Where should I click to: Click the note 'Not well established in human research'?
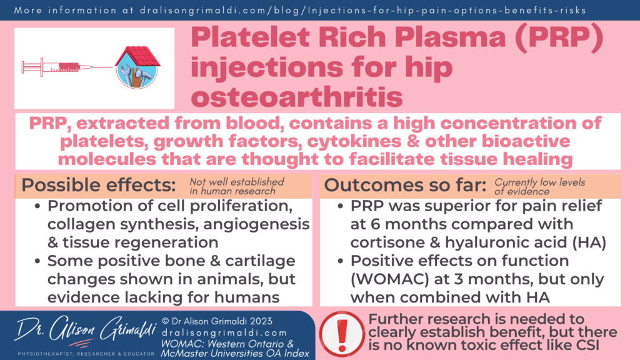click(x=237, y=186)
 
